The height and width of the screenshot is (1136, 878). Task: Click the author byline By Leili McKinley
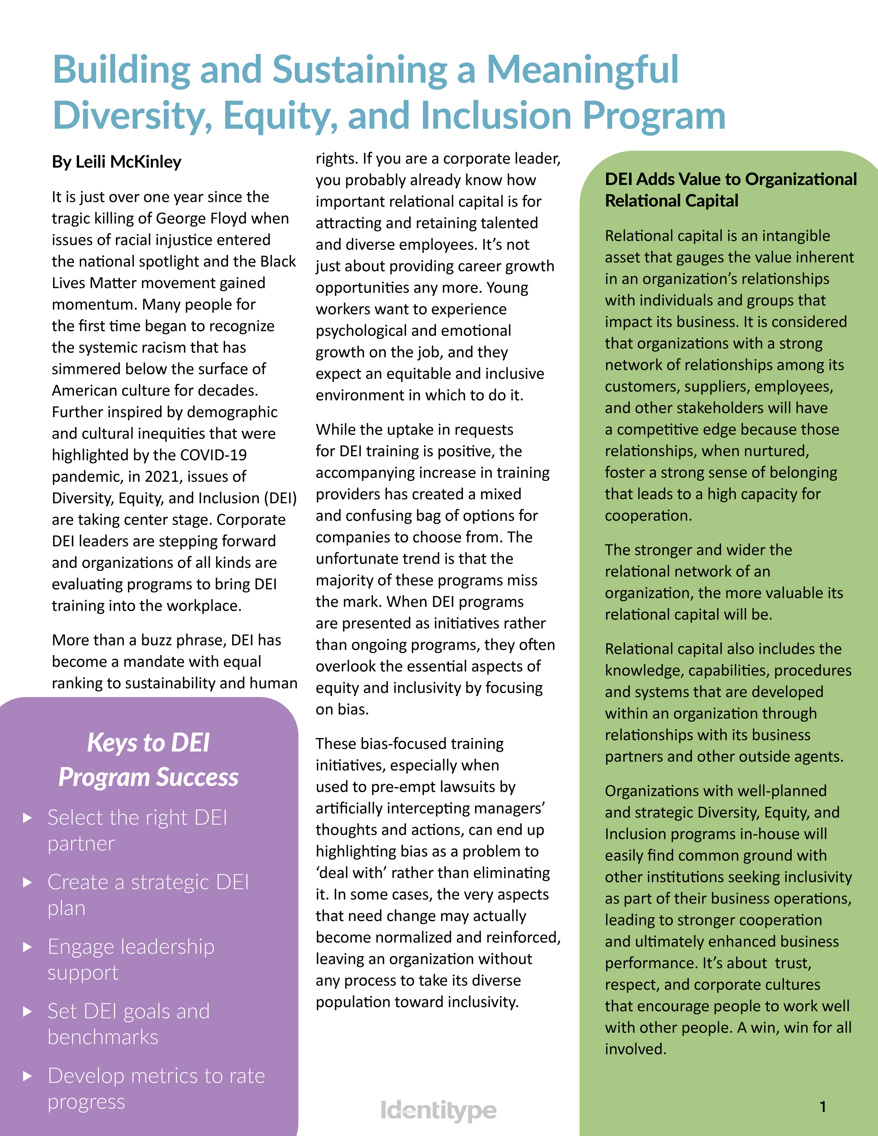pyautogui.click(x=117, y=162)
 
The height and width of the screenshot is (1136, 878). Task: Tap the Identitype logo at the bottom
pyautogui.click(x=439, y=1110)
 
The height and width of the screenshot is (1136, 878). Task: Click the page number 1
pyautogui.click(x=823, y=1107)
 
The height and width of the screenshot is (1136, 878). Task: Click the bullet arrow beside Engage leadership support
pyautogui.click(x=28, y=947)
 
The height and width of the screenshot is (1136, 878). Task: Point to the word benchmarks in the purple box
pyautogui.click(x=103, y=1037)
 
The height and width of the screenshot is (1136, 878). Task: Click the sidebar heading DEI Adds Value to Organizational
pyautogui.click(x=730, y=179)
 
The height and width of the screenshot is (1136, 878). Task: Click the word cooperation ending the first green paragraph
pyautogui.click(x=648, y=516)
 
